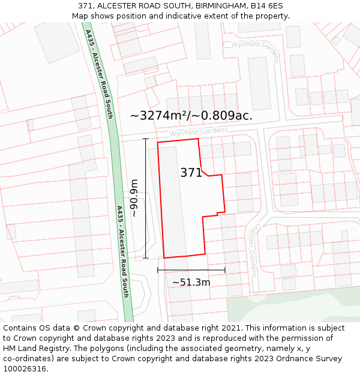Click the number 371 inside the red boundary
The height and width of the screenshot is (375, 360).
click(x=191, y=173)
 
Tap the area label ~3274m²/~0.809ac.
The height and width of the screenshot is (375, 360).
click(x=191, y=116)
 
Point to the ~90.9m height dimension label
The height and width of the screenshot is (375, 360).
click(x=134, y=198)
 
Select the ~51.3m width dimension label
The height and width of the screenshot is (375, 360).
click(x=191, y=282)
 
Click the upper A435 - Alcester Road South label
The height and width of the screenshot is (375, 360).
click(x=99, y=74)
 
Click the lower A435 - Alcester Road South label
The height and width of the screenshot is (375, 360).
click(x=122, y=252)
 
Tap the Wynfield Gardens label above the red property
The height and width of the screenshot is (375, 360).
click(x=198, y=131)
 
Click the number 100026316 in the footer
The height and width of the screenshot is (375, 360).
click(x=25, y=369)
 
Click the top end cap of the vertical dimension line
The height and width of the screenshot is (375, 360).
click(x=145, y=139)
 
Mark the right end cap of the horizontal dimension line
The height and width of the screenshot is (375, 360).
click(x=225, y=270)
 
